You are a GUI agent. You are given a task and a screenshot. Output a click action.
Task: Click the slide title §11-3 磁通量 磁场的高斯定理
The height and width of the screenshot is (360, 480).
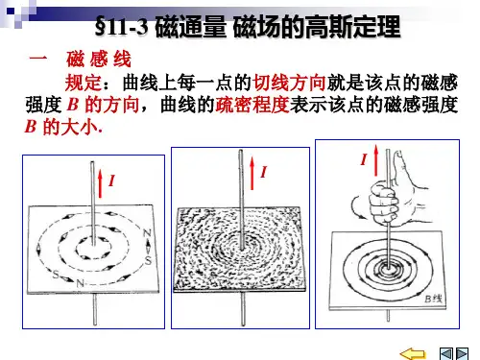tap(248, 27)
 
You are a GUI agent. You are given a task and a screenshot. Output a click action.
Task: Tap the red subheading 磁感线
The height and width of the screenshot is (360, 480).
tap(99, 60)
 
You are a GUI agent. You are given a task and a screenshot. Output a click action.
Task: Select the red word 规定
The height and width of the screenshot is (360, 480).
tap(84, 83)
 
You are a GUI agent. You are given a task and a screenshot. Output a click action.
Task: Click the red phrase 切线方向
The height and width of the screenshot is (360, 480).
tap(289, 83)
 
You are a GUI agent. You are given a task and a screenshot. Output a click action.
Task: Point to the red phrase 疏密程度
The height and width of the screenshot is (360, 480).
tap(252, 105)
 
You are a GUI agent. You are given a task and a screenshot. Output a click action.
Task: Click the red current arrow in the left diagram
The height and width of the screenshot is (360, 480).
tap(101, 183)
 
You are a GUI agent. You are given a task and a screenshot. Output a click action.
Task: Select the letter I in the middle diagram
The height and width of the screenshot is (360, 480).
tap(264, 172)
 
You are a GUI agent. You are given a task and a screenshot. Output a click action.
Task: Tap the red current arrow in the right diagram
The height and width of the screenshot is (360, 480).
tap(376, 160)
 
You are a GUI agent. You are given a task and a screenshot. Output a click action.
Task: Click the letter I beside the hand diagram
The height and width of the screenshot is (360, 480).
tap(364, 159)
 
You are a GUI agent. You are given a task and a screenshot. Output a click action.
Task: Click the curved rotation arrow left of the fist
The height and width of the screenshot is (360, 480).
tap(357, 208)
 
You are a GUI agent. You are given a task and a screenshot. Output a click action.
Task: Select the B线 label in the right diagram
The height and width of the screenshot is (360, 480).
tap(434, 299)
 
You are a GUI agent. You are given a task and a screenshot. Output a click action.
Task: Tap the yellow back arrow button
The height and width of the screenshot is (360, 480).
tap(413, 354)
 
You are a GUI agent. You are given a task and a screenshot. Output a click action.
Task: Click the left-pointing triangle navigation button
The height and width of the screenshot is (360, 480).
tap(446, 354)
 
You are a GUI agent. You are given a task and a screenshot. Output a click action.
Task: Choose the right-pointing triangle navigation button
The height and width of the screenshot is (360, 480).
tap(462, 354)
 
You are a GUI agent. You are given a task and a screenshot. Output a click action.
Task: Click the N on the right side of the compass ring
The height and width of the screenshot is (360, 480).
tap(147, 234)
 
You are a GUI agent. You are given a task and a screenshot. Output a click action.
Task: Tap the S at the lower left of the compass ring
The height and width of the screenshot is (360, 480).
tap(56, 275)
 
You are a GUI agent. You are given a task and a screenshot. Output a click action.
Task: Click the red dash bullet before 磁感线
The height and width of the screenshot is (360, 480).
tap(38, 59)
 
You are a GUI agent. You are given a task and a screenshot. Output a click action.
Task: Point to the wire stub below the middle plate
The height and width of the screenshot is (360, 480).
tap(243, 308)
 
